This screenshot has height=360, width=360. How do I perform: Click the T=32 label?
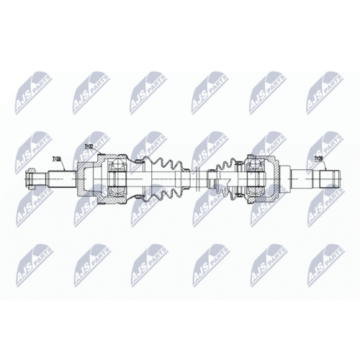[x=89, y=147]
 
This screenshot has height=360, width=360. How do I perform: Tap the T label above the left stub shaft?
[x=57, y=158]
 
